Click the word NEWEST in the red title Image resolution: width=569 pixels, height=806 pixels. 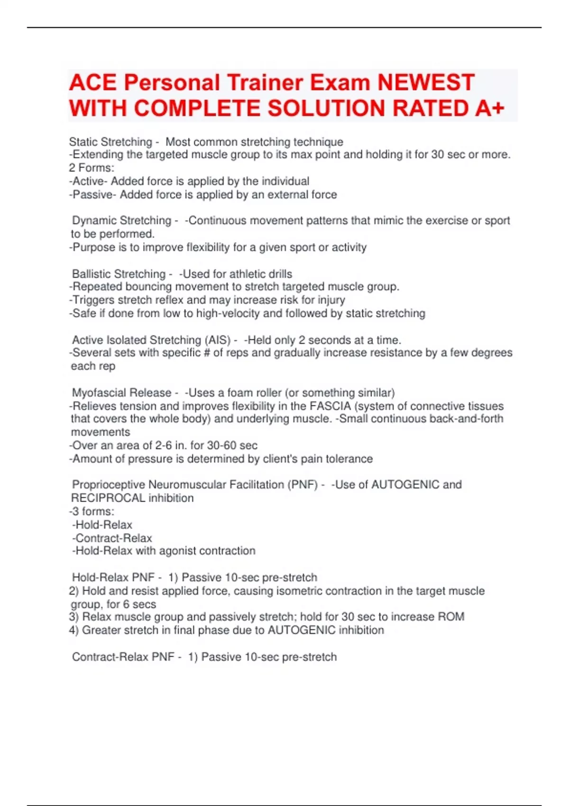click(x=425, y=82)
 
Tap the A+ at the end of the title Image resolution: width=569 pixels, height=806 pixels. click(x=489, y=109)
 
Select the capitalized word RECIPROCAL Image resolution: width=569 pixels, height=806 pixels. click(x=108, y=498)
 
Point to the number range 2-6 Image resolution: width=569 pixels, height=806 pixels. click(x=164, y=445)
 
